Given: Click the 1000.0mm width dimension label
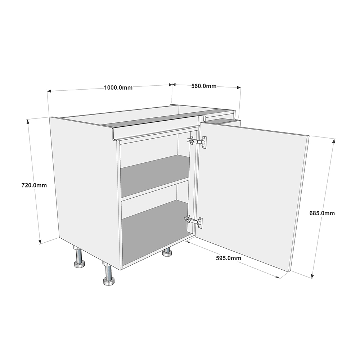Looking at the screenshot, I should click(118, 87).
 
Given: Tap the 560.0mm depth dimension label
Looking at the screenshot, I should click(204, 86).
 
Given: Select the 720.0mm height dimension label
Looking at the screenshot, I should click(35, 185).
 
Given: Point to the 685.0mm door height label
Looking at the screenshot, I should click(322, 213).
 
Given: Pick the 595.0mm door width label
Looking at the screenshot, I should click(229, 258).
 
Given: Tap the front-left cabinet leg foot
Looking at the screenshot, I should click(109, 280).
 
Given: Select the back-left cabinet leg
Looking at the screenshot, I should click(79, 264).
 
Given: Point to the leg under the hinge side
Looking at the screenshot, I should click(167, 253).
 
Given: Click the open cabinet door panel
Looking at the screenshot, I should click(252, 194).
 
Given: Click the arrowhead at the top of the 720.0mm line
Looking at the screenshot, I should click(28, 121).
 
